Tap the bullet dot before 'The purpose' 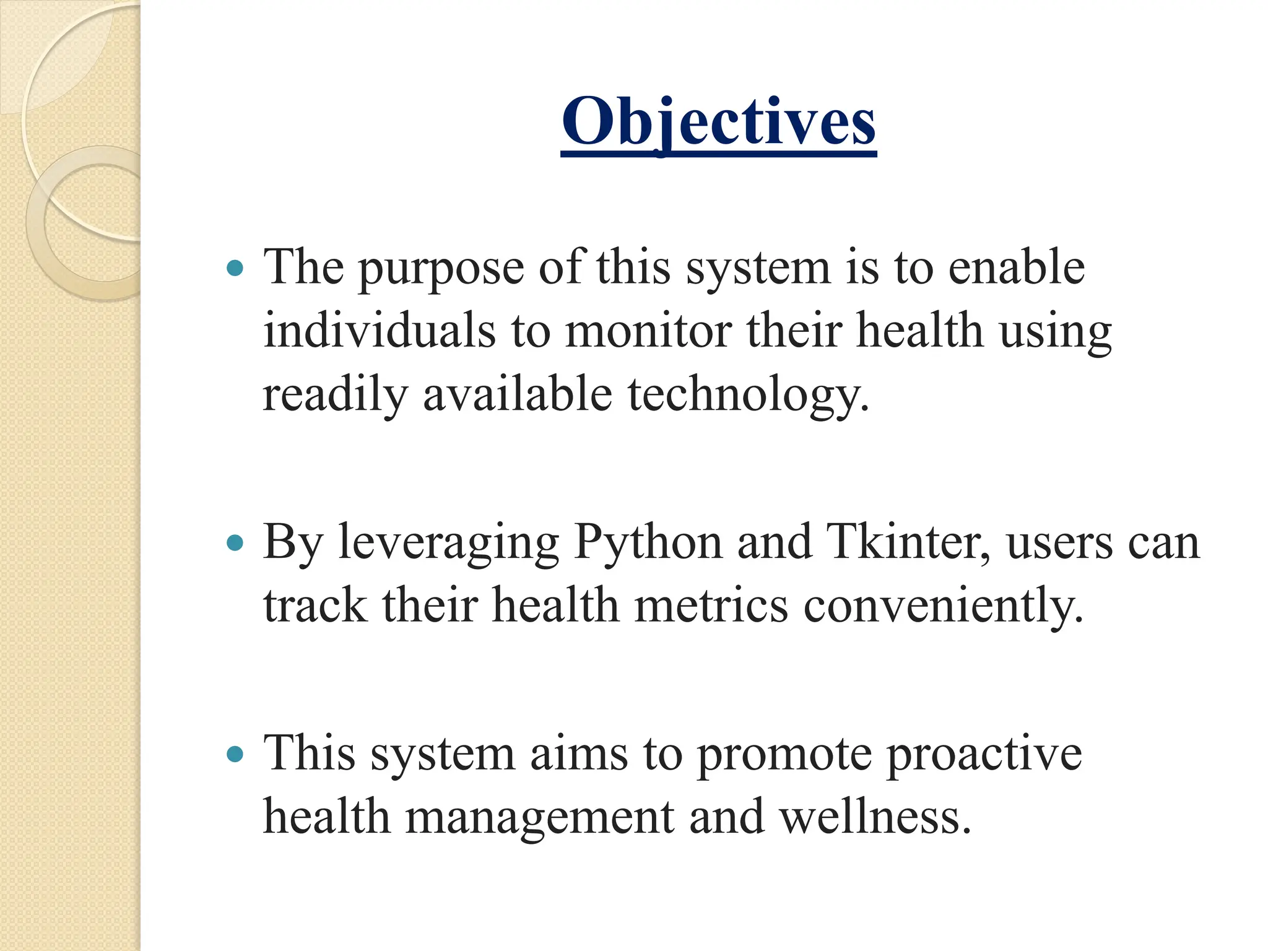coord(235,269)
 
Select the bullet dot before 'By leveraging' coord(235,544)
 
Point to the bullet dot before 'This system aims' coord(235,755)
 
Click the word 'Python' coord(648,544)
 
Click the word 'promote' coord(783,756)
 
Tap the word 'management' coord(539,819)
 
